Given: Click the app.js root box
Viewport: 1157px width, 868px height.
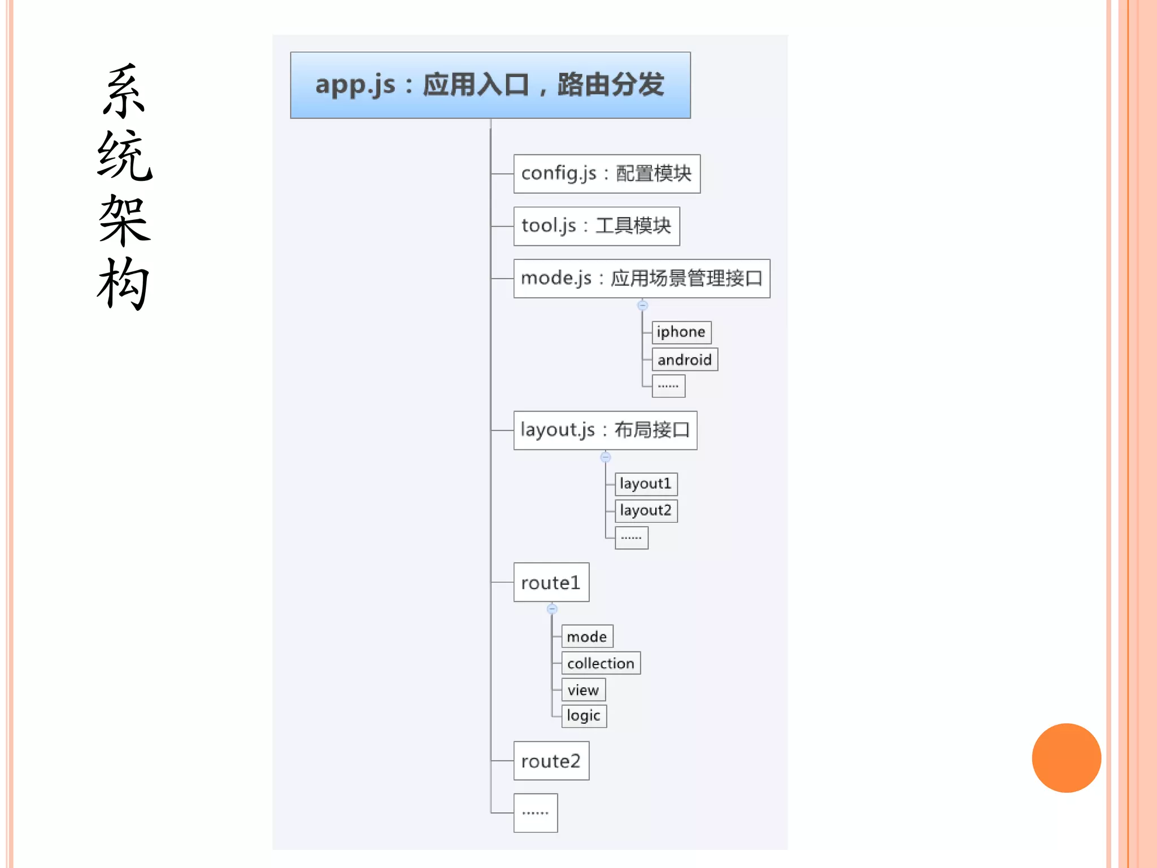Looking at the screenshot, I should point(490,85).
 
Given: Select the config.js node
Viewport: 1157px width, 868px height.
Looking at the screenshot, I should point(607,173).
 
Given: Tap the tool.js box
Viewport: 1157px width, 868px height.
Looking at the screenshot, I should point(596,226).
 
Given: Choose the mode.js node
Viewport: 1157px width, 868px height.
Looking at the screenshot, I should point(641,279).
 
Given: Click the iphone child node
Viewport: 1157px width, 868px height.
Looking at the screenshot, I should point(681,332).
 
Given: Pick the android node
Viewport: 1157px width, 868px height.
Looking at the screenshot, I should point(684,359).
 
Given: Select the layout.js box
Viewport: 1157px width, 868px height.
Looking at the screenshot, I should point(605,430).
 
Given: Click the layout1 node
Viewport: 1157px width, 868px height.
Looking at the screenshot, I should point(646,484).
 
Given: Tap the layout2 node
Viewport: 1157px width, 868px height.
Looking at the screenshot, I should point(646,510).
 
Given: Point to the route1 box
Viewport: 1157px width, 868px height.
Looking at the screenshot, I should point(551,582).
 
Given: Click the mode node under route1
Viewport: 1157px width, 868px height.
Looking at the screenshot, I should point(587,636).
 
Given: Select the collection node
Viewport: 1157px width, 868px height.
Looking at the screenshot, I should point(601,663).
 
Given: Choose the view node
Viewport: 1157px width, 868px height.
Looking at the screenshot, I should point(583,689).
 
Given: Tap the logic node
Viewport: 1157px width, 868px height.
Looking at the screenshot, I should point(584,716).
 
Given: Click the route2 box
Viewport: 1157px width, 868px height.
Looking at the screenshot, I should point(551,761).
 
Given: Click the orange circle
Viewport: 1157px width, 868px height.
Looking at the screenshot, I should point(1066,758).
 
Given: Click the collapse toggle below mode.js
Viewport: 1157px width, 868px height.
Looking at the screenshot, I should point(642,305).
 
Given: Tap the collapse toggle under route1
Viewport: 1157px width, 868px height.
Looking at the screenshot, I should point(552,609).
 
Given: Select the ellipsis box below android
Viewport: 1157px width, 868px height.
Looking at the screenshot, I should point(668,386).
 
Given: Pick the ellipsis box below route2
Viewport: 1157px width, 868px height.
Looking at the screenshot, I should point(535,813).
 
